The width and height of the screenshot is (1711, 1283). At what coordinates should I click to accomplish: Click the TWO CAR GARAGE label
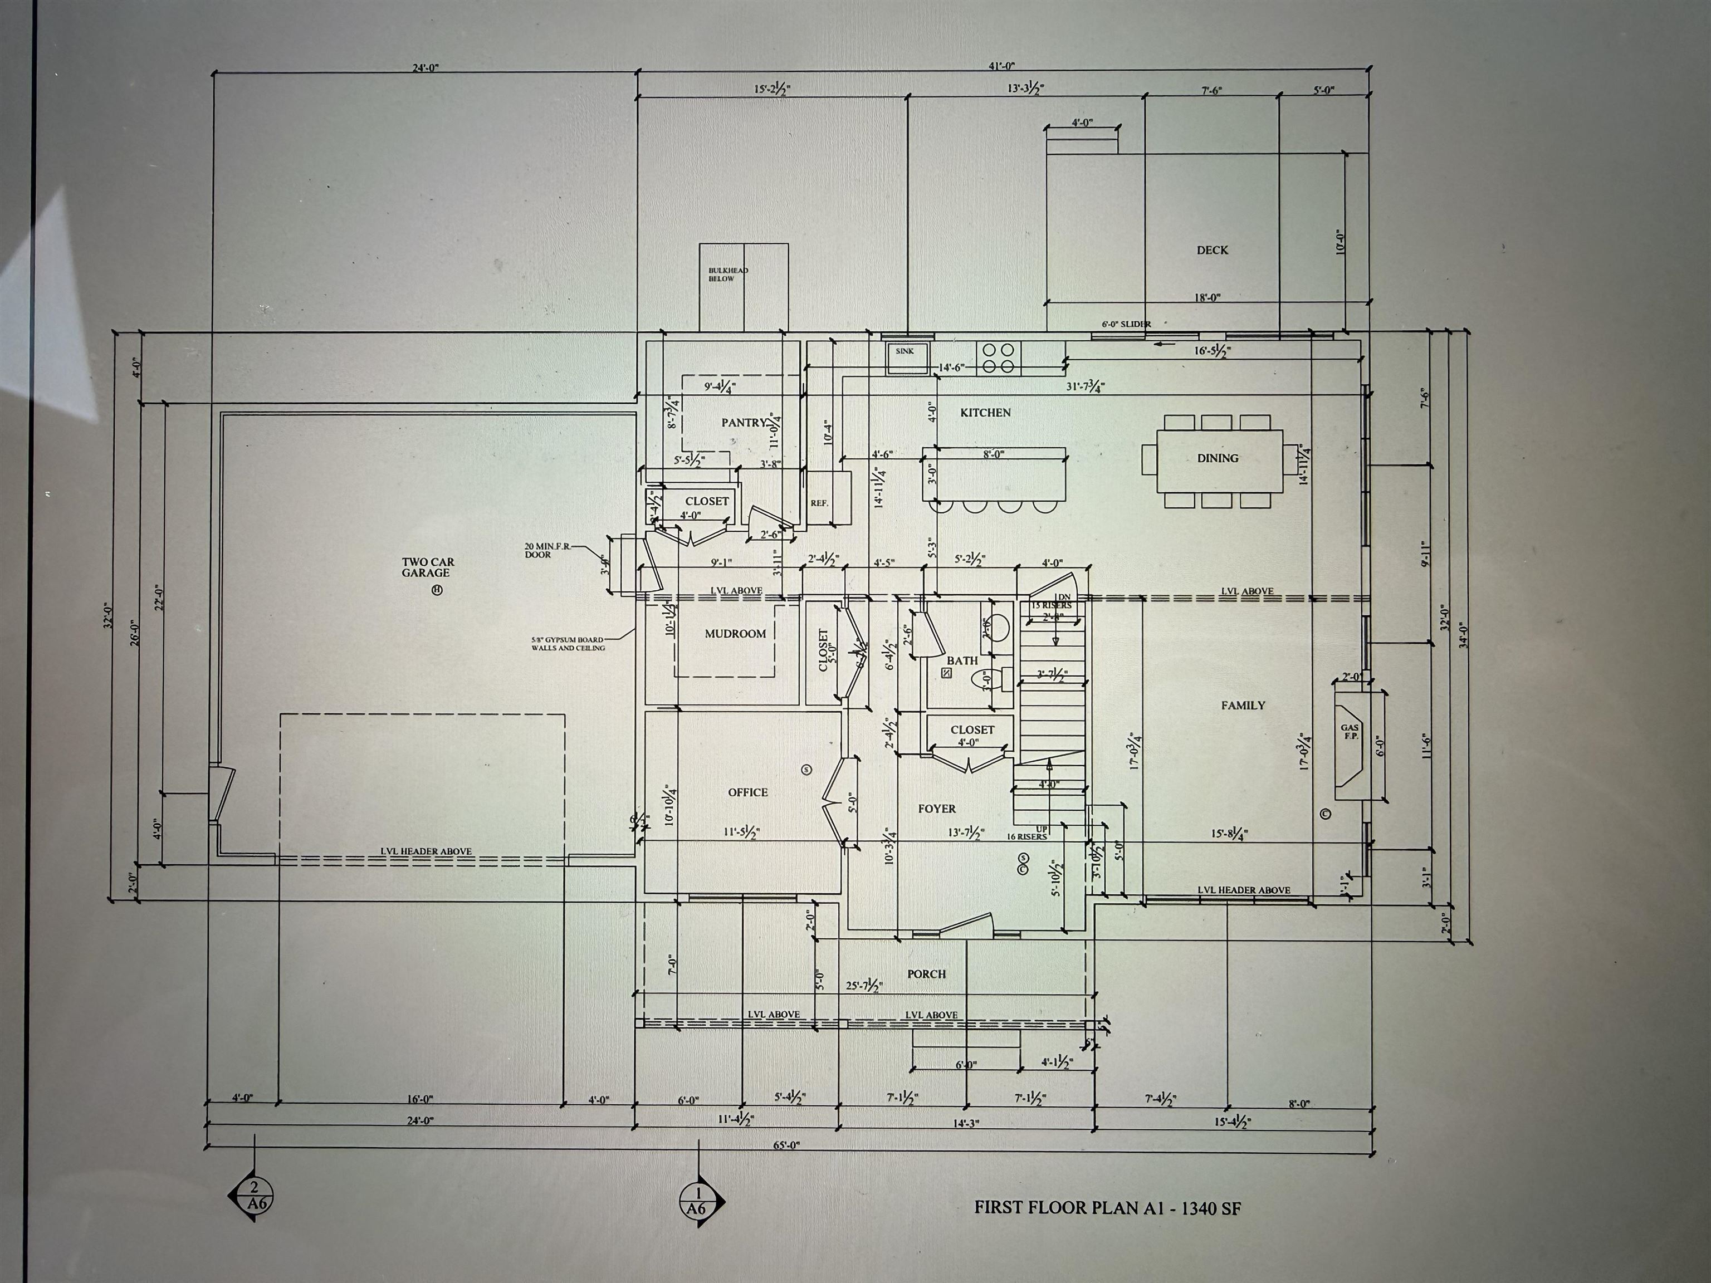pyautogui.click(x=427, y=567)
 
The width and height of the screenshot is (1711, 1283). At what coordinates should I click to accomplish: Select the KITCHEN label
pyautogui.click(x=985, y=412)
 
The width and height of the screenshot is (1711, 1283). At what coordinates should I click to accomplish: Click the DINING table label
pyautogui.click(x=1218, y=458)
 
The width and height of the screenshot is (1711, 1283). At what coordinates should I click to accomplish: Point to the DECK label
pyautogui.click(x=1212, y=250)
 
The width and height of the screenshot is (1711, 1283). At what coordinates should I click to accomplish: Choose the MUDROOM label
pyautogui.click(x=735, y=633)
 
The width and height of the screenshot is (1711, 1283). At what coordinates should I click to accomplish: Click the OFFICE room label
pyautogui.click(x=747, y=792)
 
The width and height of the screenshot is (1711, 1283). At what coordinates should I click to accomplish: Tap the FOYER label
pyautogui.click(x=937, y=808)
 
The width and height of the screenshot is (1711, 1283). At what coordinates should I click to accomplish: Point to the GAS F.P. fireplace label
pyautogui.click(x=1350, y=731)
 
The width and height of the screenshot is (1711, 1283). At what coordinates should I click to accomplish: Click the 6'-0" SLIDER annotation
pyautogui.click(x=1126, y=324)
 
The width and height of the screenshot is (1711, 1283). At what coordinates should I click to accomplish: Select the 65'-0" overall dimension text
pyautogui.click(x=786, y=1145)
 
